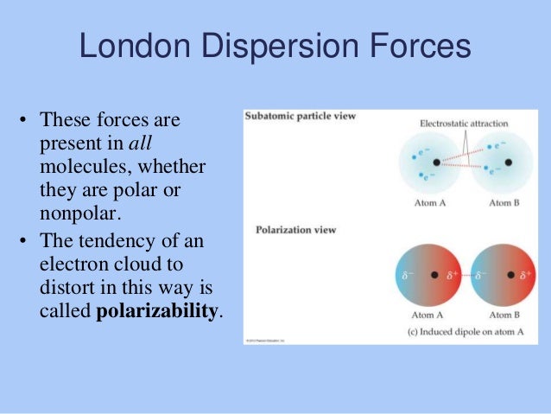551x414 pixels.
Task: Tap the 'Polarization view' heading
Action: [x=295, y=230]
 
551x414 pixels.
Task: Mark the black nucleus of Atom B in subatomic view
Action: [x=510, y=162]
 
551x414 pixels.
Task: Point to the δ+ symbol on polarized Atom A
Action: [x=452, y=277]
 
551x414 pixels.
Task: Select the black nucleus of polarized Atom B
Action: [x=510, y=276]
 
